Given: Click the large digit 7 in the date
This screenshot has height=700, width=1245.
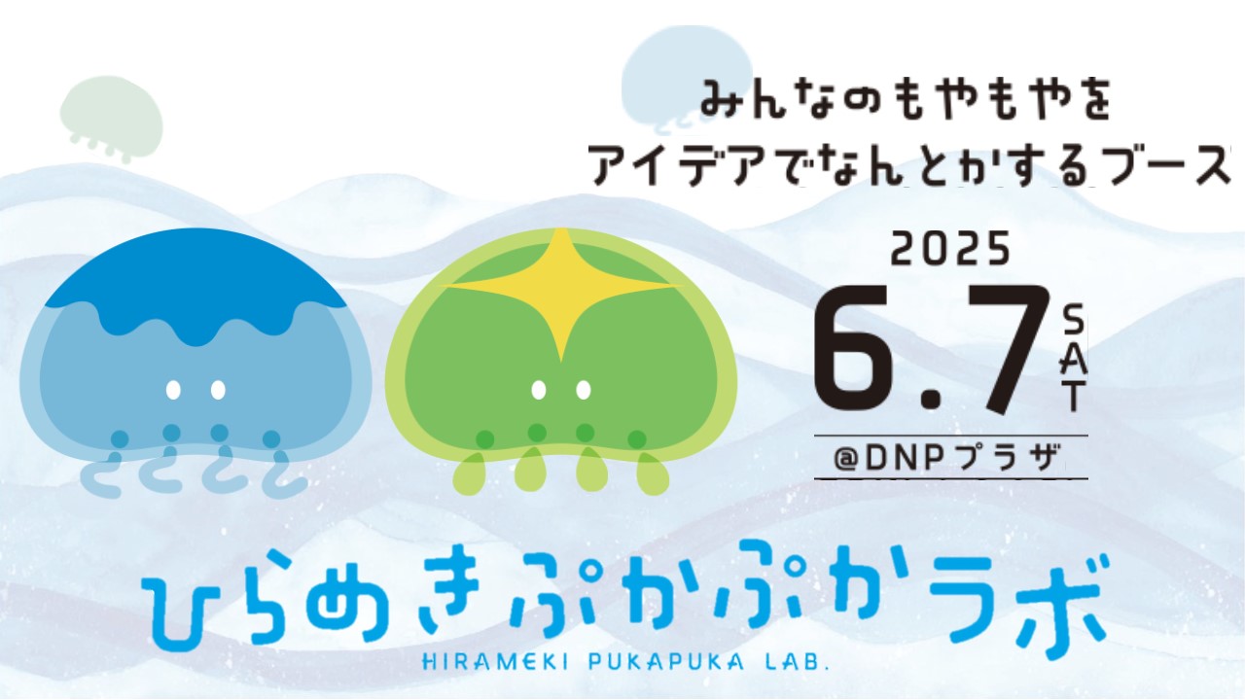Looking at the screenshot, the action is pyautogui.click(x=1007, y=349).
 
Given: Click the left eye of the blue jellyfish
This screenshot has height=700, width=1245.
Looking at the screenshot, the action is pyautogui.click(x=173, y=390).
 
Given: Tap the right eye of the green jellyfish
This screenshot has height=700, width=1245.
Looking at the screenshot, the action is pyautogui.click(x=583, y=390).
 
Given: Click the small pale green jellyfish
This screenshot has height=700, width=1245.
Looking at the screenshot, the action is pyautogui.click(x=111, y=118).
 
